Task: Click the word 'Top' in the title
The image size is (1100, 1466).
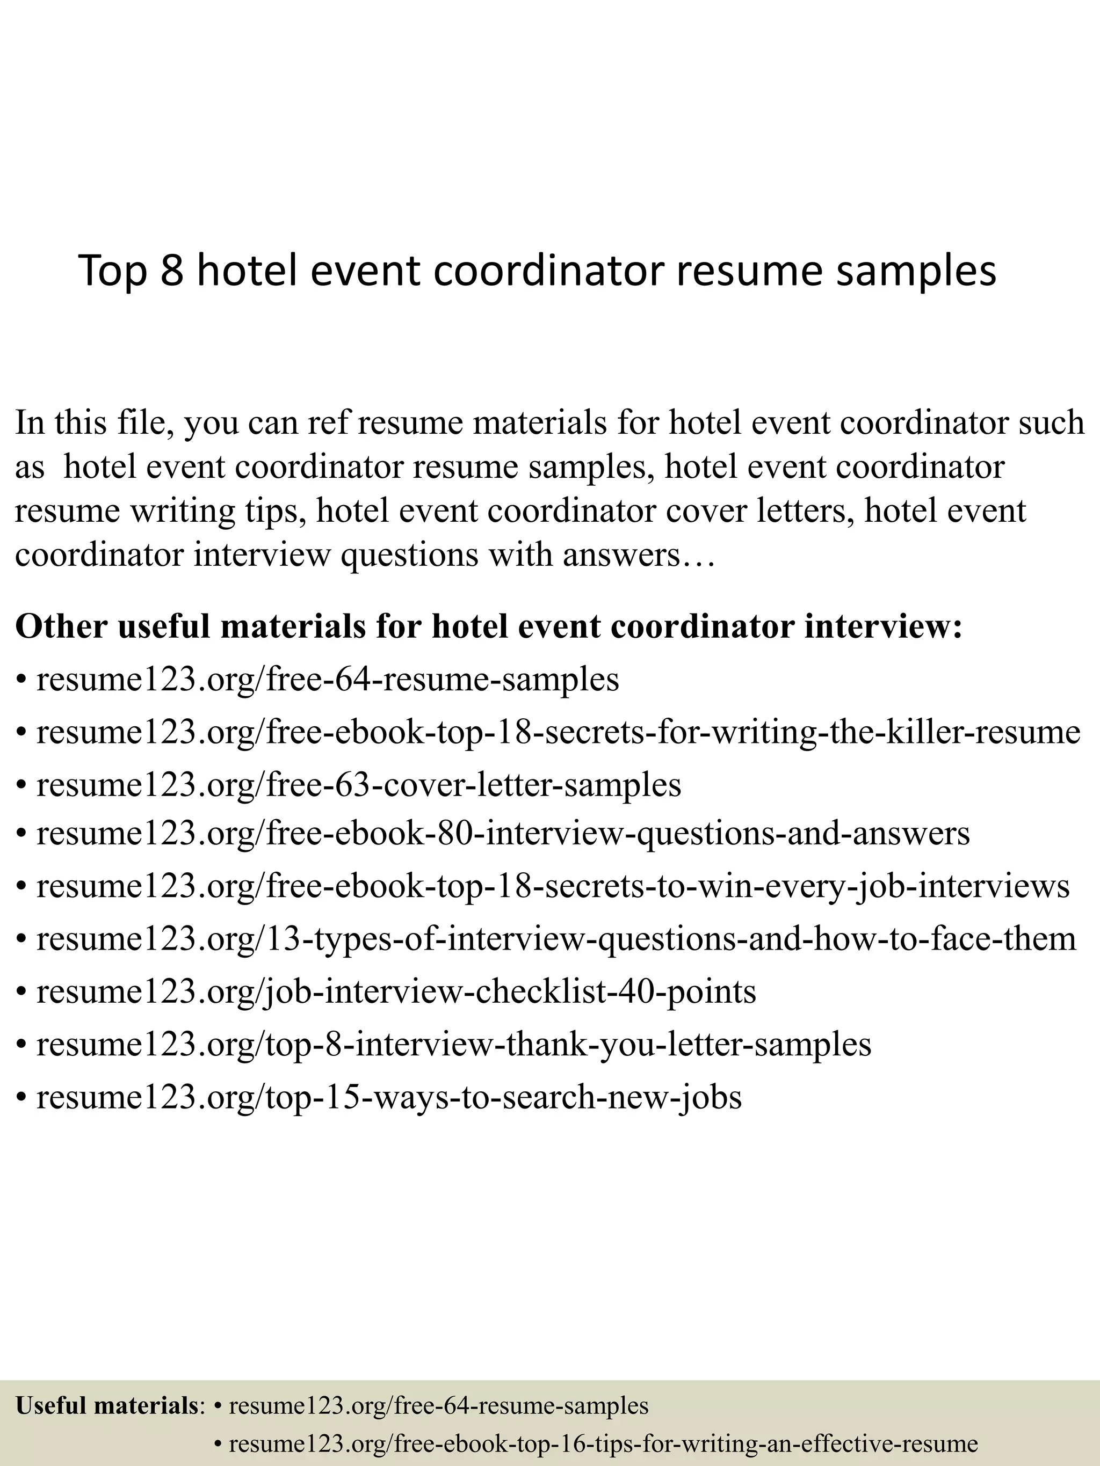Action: [112, 272]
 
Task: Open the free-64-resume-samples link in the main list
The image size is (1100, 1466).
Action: [328, 679]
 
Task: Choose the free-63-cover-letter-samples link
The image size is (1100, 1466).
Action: [359, 785]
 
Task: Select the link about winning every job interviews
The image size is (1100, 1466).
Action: [553, 886]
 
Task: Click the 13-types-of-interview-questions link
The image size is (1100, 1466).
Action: [556, 938]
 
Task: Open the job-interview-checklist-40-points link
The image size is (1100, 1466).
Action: [396, 991]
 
